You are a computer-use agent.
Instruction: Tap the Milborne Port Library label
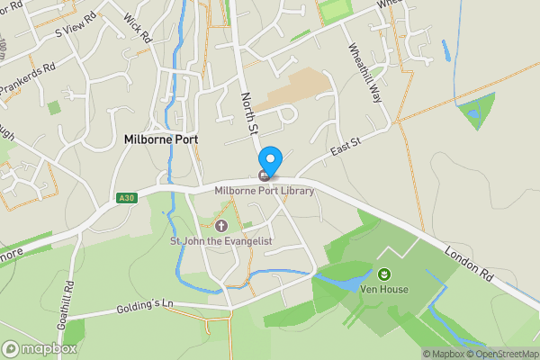(265, 190)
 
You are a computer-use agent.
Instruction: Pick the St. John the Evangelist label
(222, 240)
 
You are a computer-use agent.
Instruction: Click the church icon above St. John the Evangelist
(222, 225)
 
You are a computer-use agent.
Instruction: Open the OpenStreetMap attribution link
(499, 354)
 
